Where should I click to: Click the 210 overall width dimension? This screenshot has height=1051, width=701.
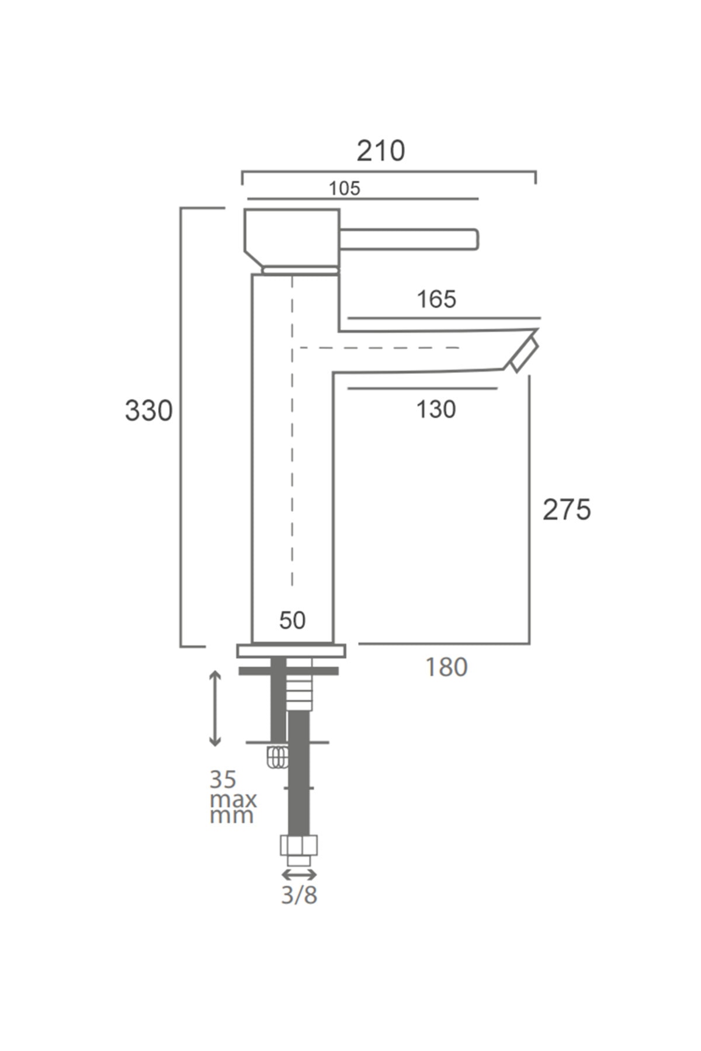pos(381,151)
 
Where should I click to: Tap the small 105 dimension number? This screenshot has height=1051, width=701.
pos(345,189)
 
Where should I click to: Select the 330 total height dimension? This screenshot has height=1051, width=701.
pos(149,410)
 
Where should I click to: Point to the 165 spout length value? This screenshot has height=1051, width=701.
pos(436,300)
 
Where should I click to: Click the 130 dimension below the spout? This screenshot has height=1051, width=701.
pos(436,409)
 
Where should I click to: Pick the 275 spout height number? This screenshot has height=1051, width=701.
pos(567,510)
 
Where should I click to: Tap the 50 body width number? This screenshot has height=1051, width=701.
pos(292,620)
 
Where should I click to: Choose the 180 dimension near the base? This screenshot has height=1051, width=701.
pos(446,667)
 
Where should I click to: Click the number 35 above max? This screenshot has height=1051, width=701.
pos(223,779)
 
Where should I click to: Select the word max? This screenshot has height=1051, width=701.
pos(234,799)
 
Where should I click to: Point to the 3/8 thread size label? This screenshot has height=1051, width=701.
pos(299,895)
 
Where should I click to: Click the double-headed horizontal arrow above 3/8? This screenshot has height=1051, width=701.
pos(299,874)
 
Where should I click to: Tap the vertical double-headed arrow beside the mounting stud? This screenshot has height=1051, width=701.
pos(216,708)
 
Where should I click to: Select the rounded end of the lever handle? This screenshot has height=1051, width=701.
pos(474,239)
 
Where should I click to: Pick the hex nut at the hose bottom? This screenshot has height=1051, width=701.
pos(299,845)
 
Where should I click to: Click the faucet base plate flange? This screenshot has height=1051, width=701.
pos(291,650)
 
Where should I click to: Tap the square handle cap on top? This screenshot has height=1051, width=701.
pos(291,237)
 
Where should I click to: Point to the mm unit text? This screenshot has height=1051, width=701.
pos(232,816)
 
